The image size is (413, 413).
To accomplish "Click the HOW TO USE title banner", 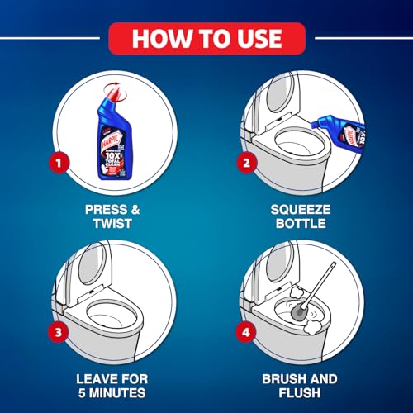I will [x=206, y=38].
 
